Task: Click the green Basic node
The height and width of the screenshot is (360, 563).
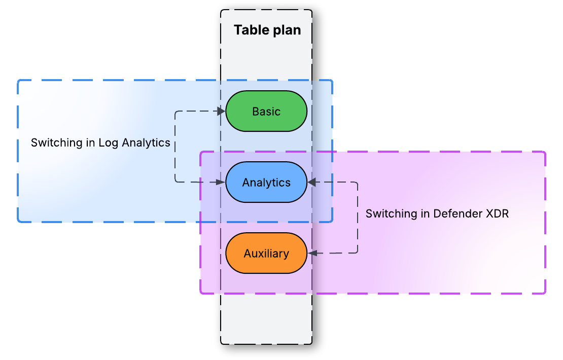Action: pyautogui.click(x=266, y=111)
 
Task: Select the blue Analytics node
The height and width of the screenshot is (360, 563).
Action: pyautogui.click(x=266, y=182)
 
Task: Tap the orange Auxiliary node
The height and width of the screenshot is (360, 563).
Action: pyautogui.click(x=266, y=253)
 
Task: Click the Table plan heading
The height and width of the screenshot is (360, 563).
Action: pyautogui.click(x=267, y=30)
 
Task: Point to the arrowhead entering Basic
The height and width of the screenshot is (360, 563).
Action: pyautogui.click(x=222, y=111)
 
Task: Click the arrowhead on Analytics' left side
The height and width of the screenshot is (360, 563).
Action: pyautogui.click(x=222, y=182)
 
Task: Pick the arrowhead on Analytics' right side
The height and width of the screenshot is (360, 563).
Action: pyautogui.click(x=311, y=182)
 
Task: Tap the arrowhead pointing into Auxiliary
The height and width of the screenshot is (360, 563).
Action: pyautogui.click(x=311, y=253)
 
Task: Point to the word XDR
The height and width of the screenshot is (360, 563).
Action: pyautogui.click(x=497, y=213)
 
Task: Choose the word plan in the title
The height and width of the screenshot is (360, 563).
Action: pyautogui.click(x=287, y=30)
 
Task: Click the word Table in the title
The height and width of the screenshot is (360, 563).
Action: pyautogui.click(x=251, y=30)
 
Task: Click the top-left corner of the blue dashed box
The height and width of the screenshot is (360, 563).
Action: pyautogui.click(x=19, y=81)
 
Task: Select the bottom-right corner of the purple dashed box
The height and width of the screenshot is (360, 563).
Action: pyautogui.click(x=545, y=293)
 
